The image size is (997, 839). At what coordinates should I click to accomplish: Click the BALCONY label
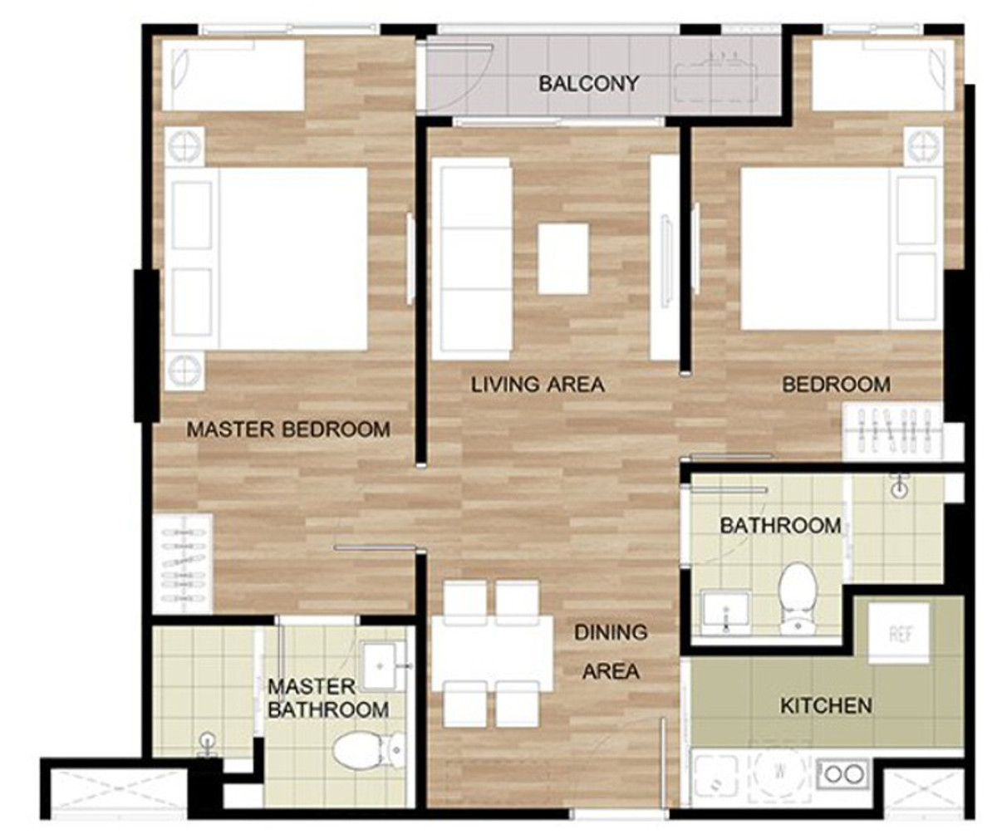588,84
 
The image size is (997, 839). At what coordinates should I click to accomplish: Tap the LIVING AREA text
538,385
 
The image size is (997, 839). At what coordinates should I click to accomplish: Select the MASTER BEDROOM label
288,429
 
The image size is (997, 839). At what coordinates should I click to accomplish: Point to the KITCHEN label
826,706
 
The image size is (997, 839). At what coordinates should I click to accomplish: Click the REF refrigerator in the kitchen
899,633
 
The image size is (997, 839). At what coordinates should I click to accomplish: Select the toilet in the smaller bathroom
797,597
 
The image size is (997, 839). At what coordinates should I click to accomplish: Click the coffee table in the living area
563,259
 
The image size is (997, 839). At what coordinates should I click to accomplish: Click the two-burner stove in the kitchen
842,773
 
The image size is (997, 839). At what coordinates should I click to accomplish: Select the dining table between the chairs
493,653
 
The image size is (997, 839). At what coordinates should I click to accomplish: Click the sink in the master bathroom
380,665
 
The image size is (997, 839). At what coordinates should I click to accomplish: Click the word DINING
611,633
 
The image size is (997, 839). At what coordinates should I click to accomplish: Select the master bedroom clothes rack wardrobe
183,564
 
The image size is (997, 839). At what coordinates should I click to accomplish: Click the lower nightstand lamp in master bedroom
184,370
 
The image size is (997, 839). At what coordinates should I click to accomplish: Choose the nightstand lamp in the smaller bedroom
923,146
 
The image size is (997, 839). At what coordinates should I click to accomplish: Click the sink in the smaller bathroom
725,613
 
